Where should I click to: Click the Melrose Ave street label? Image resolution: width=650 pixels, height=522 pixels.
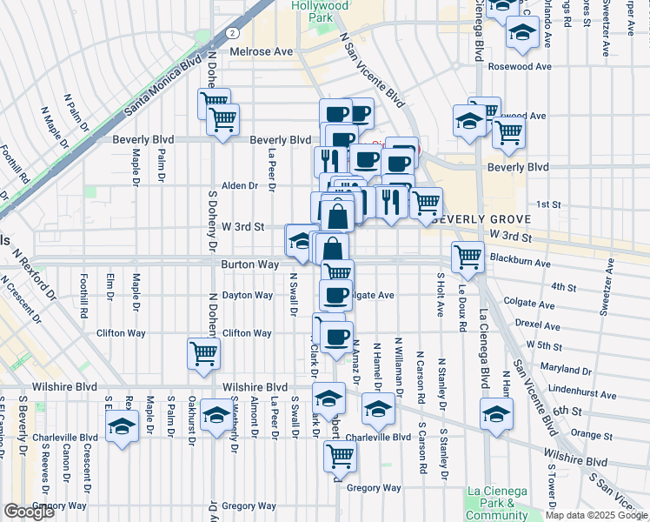click(261, 51)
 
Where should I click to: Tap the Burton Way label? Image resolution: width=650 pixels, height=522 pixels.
click(249, 264)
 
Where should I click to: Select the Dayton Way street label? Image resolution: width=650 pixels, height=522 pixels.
click(248, 295)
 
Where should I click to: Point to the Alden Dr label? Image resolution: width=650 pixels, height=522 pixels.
click(240, 185)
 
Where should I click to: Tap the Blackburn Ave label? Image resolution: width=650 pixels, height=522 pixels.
click(521, 258)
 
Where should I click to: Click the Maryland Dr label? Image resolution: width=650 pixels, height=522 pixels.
click(565, 370)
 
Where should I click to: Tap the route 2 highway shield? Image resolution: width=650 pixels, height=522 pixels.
click(232, 32)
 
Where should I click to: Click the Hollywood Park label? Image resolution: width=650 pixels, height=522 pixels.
click(319, 10)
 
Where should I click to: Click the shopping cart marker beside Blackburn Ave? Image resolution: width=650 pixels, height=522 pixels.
click(468, 256)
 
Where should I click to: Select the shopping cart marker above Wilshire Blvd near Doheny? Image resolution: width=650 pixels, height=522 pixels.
click(203, 353)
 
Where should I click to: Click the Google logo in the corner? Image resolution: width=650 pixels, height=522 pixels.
click(29, 512)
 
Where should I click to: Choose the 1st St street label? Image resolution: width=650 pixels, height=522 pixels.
click(548, 204)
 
